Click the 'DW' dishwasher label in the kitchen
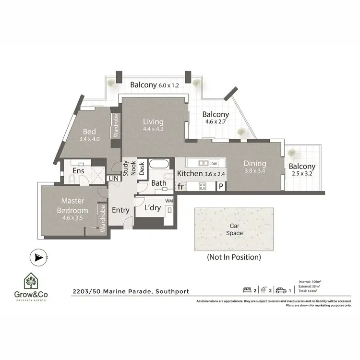(214, 164)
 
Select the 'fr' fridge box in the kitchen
(181, 186)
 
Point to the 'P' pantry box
(221, 186)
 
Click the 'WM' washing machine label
(168, 200)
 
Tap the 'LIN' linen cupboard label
(114, 178)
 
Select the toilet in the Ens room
(72, 179)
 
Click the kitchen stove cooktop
(203, 186)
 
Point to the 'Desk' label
(142, 168)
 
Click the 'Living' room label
(153, 121)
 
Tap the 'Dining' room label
(254, 164)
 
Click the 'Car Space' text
(234, 229)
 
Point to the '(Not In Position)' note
(234, 257)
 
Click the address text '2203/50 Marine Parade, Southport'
(131, 291)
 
